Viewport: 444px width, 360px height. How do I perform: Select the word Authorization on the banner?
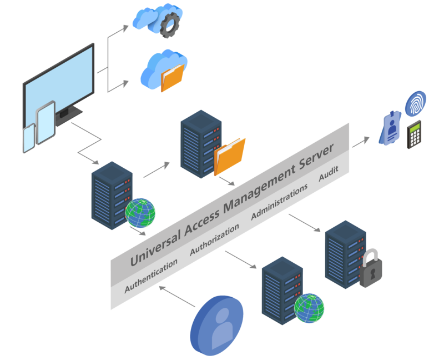[215, 239]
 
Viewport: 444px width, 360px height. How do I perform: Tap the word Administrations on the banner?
[279, 202]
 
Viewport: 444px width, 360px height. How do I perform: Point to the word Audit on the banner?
[328, 175]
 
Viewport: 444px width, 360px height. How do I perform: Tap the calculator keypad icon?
[414, 134]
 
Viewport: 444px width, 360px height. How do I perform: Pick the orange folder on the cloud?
[172, 78]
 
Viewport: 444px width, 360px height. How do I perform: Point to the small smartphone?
[28, 138]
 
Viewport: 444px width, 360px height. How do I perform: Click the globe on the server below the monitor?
[140, 213]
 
